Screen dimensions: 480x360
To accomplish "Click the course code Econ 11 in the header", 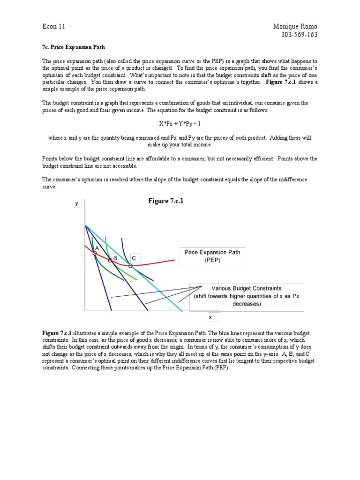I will pos(53,26).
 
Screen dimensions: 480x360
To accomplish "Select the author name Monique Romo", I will pos(295,26).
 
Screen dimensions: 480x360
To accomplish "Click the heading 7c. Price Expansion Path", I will pos(74,47).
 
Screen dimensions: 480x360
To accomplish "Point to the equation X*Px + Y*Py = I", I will pos(180,124).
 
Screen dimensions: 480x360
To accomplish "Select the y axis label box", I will pos(76,204).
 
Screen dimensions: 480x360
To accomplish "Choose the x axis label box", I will pos(210,317).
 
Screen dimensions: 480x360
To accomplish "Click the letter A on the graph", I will pos(97,248).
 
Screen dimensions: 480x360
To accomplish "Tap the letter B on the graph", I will pos(114,258).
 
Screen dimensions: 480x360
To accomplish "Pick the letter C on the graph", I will pos(134,258).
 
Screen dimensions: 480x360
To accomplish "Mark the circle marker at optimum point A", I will pos(95,253).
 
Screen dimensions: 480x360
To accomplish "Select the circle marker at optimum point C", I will pos(130,266).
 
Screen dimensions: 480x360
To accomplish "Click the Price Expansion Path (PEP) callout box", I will pos(212,256).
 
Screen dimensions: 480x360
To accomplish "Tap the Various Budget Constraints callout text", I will pos(247,296).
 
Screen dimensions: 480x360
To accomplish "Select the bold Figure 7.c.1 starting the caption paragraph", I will pos(56,332).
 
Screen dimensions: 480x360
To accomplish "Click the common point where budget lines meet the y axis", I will pos(85,225).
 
